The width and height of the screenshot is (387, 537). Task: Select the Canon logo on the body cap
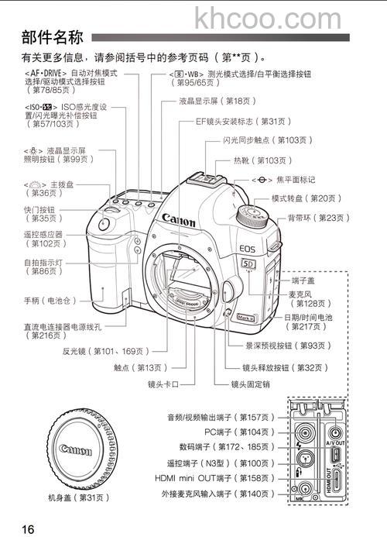76,450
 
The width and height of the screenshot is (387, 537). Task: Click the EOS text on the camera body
248,250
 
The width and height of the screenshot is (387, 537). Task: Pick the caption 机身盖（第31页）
78,497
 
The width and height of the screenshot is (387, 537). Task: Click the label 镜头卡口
163,384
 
